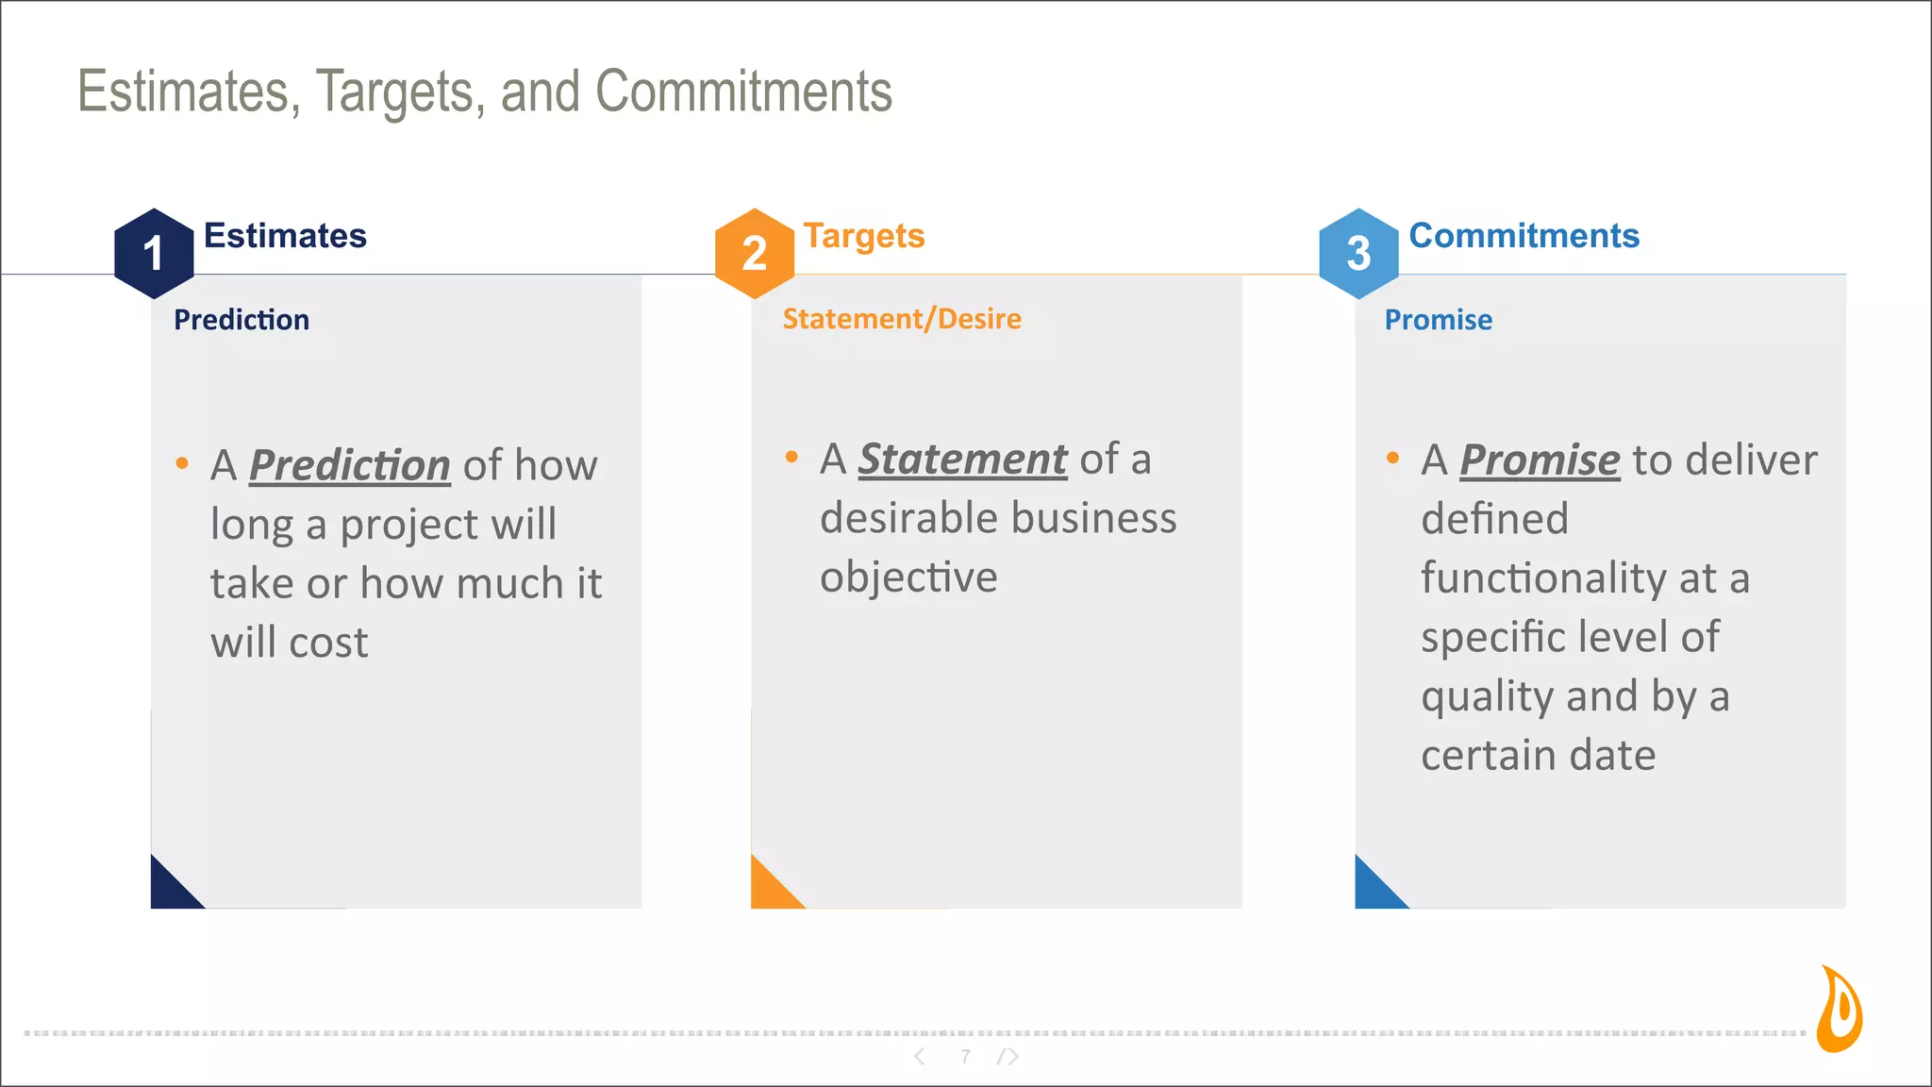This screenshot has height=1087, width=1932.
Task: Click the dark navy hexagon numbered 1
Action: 154,253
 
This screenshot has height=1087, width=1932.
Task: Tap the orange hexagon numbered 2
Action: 754,253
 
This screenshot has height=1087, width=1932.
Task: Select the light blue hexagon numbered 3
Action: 1357,253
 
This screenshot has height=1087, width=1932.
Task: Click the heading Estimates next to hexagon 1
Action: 285,236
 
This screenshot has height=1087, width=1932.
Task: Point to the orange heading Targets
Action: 863,236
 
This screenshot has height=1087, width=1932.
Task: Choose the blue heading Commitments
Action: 1524,236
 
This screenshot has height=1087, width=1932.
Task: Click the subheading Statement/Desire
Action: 902,319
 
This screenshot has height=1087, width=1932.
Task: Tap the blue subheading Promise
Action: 1438,320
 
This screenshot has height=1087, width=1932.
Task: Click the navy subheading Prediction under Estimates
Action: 241,320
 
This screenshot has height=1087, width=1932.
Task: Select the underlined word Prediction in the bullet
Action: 349,465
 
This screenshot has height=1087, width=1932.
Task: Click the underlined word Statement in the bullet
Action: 962,460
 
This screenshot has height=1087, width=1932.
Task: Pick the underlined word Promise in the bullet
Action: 1540,460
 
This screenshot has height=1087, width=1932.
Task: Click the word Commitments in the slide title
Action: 743,92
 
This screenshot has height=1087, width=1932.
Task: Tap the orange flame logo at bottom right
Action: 1840,1011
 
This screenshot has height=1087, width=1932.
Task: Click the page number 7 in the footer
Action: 965,1056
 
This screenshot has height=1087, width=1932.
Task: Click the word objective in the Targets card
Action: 908,577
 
